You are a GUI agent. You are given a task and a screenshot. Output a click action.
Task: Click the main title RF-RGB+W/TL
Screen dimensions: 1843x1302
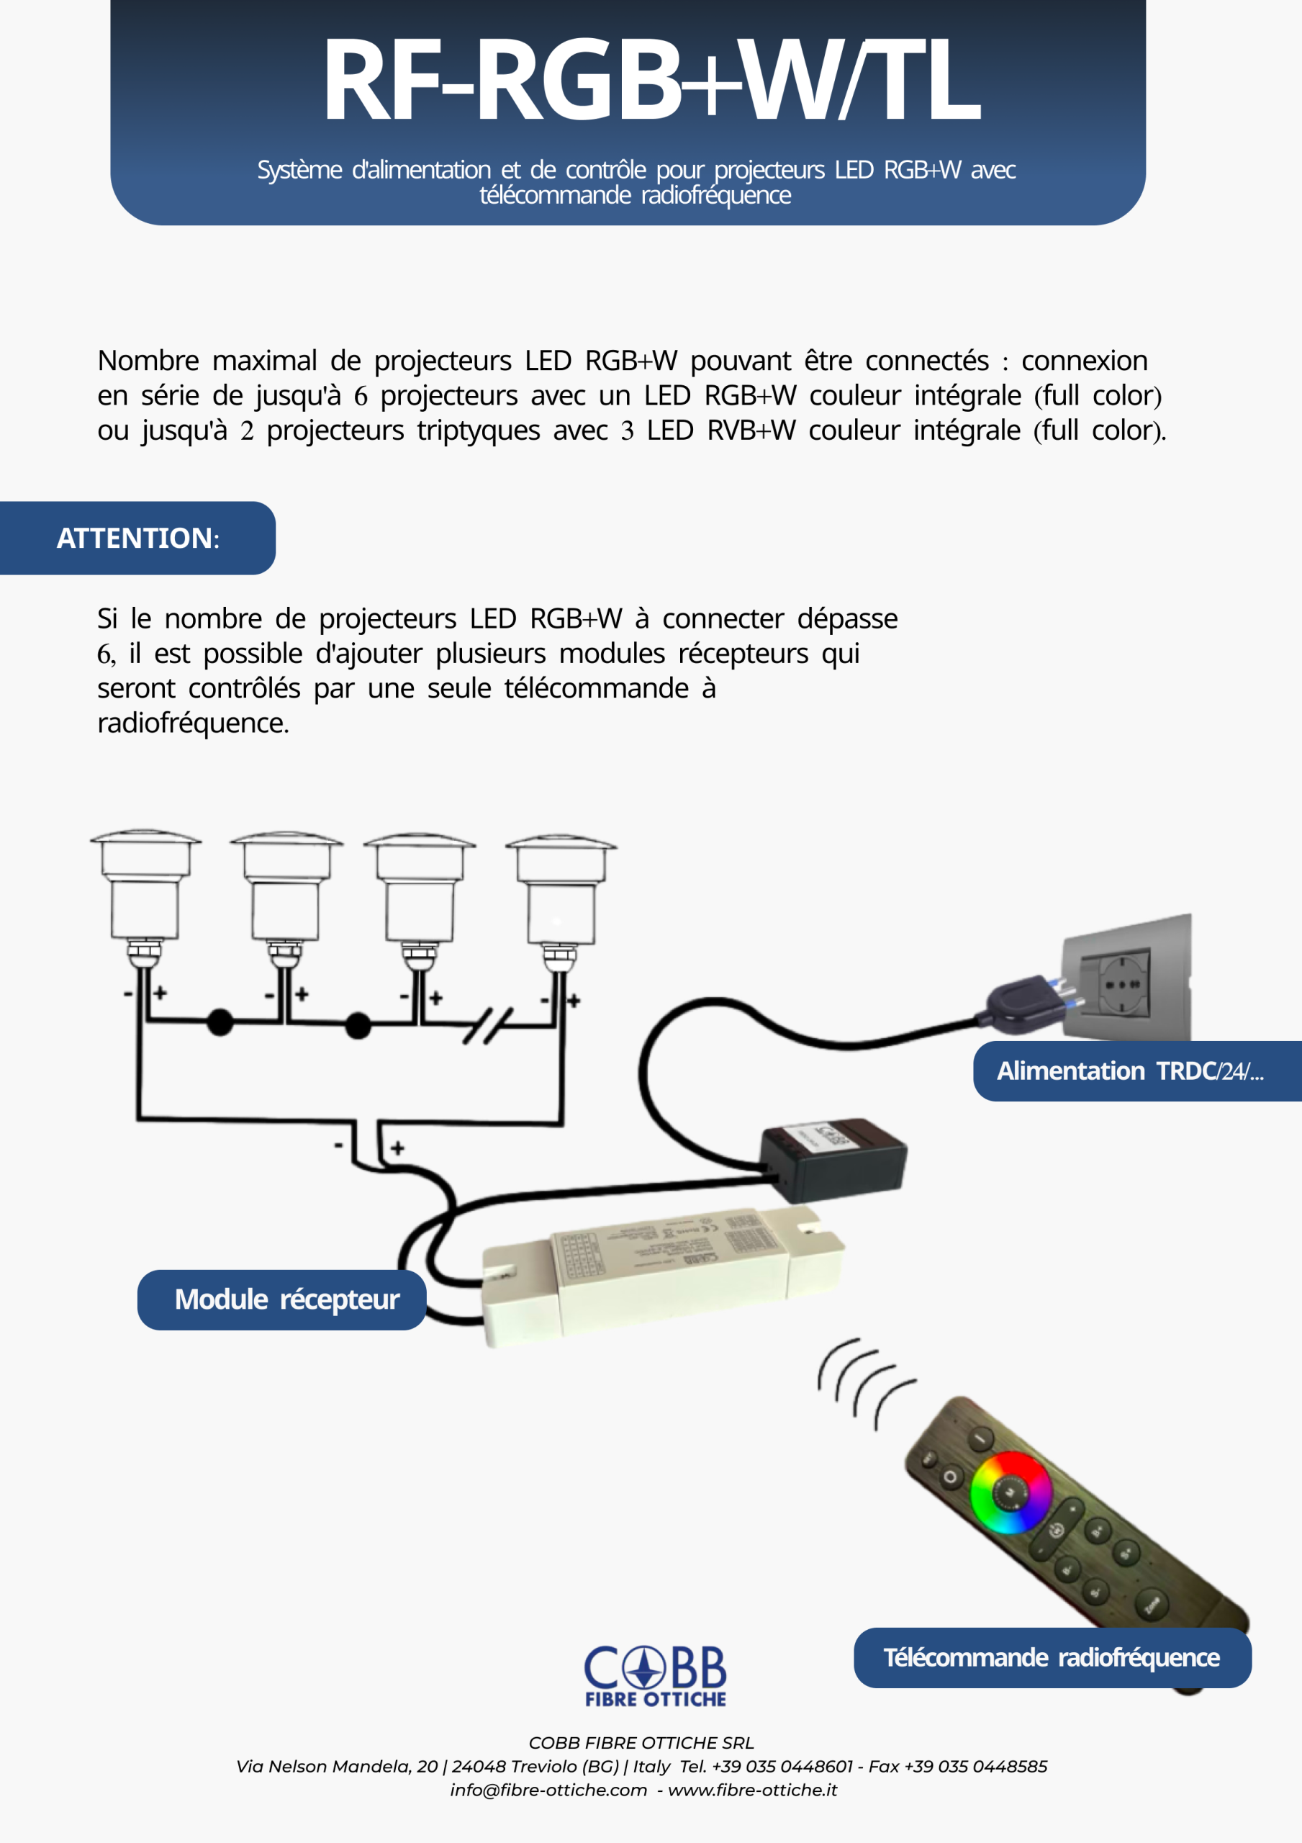coord(650,80)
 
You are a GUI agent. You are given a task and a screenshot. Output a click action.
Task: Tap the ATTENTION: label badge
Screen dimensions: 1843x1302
coord(137,538)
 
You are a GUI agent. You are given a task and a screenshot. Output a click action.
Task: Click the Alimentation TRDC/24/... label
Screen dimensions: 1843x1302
coord(1130,1071)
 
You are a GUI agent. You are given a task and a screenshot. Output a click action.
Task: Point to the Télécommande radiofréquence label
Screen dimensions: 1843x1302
coord(1052,1657)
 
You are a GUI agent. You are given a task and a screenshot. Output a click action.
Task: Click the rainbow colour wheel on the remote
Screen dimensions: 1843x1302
coord(1011,1493)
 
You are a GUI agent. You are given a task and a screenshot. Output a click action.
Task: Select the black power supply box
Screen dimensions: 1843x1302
coord(834,1158)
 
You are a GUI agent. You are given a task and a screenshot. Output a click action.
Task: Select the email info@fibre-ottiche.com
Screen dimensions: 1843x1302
coord(548,1790)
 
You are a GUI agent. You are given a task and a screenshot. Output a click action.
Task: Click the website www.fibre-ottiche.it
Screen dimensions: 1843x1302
coord(752,1790)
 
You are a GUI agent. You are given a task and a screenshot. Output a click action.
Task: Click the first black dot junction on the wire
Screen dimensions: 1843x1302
coord(220,1022)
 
